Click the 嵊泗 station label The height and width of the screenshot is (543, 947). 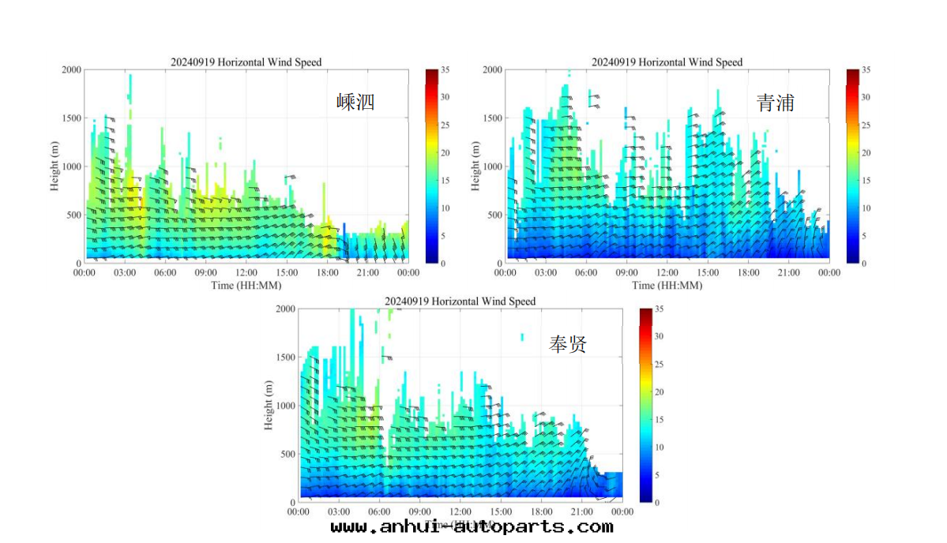pyautogui.click(x=355, y=102)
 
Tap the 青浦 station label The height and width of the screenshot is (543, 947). pyautogui.click(x=775, y=103)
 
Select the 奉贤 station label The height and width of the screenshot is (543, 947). pyautogui.click(x=568, y=343)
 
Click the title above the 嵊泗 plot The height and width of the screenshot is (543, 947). pyautogui.click(x=246, y=62)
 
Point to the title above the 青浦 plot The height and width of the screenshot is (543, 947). pyautogui.click(x=667, y=62)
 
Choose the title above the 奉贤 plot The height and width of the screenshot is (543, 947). pyautogui.click(x=460, y=301)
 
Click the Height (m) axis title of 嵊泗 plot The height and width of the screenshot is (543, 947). pyautogui.click(x=56, y=167)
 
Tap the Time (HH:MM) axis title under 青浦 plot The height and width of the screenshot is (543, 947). pyautogui.click(x=667, y=285)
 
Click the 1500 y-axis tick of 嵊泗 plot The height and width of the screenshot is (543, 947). pyautogui.click(x=71, y=118)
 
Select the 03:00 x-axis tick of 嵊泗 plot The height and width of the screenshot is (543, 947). pyautogui.click(x=125, y=273)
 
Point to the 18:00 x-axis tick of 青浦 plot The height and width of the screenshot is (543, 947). pyautogui.click(x=748, y=273)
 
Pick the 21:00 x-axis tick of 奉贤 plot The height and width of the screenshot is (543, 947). pyautogui.click(x=582, y=512)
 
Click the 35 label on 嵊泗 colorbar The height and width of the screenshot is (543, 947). pyautogui.click(x=445, y=70)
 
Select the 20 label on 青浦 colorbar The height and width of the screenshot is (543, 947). pyautogui.click(x=866, y=153)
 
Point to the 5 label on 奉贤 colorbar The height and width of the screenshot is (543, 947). pyautogui.click(x=657, y=475)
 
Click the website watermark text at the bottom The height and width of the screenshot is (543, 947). pyautogui.click(x=472, y=526)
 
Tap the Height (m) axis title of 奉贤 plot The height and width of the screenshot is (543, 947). pyautogui.click(x=269, y=406)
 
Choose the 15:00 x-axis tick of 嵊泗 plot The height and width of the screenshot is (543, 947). pyautogui.click(x=287, y=273)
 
